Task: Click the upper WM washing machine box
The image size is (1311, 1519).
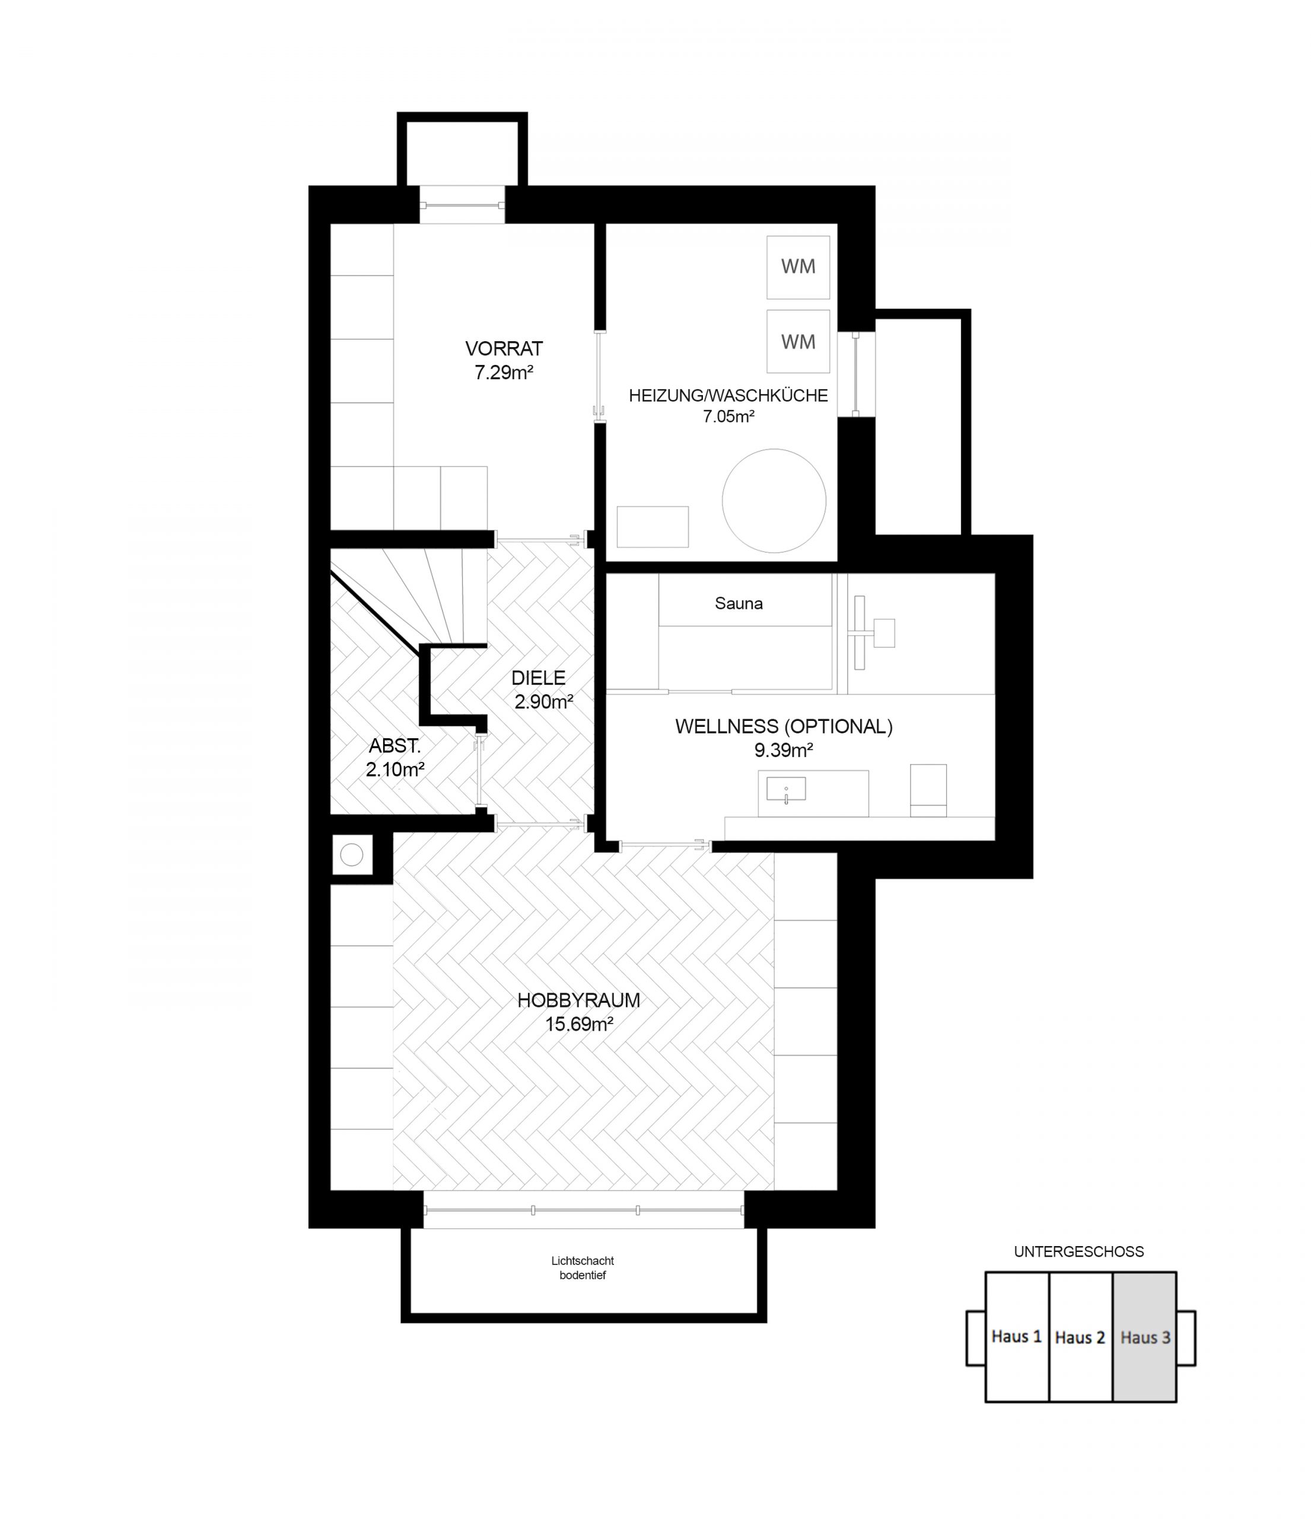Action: point(798,267)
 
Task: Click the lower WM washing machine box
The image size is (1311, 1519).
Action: point(798,342)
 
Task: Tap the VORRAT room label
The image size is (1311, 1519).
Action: point(504,348)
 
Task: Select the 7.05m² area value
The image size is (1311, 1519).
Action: point(728,417)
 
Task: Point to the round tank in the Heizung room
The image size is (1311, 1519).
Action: point(774,501)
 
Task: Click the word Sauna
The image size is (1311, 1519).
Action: point(739,603)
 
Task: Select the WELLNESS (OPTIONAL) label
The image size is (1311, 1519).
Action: point(784,726)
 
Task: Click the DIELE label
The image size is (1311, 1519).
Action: point(539,678)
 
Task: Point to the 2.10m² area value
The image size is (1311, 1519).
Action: point(396,769)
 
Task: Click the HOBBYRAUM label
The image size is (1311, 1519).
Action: point(579,1000)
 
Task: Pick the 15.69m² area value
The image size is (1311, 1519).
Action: point(579,1024)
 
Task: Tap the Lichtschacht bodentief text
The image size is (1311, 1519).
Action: point(583,1267)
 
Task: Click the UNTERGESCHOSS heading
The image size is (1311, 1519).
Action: point(1078,1251)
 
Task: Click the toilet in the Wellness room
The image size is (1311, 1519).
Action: point(928,790)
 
